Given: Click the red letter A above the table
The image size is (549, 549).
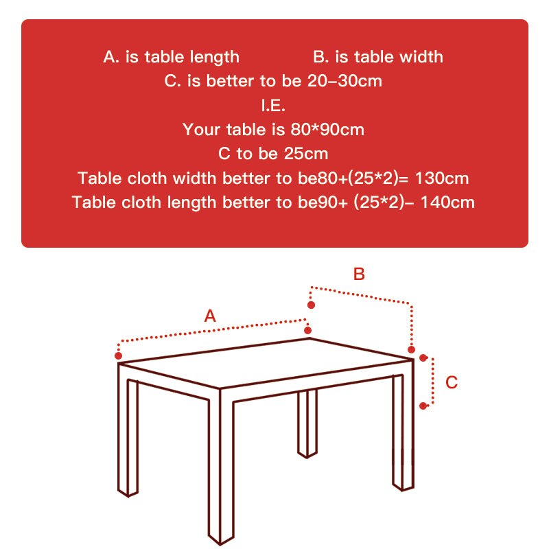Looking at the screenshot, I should (x=211, y=316).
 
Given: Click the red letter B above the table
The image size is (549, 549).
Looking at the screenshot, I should (x=359, y=274).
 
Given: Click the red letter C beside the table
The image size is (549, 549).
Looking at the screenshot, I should (x=452, y=382).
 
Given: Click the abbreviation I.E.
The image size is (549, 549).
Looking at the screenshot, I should (x=272, y=106).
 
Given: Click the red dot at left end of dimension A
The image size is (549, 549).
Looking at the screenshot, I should (x=119, y=356).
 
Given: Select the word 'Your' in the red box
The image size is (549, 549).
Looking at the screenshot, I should (x=200, y=129).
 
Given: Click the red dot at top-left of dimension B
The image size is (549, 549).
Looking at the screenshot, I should (x=311, y=305).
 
